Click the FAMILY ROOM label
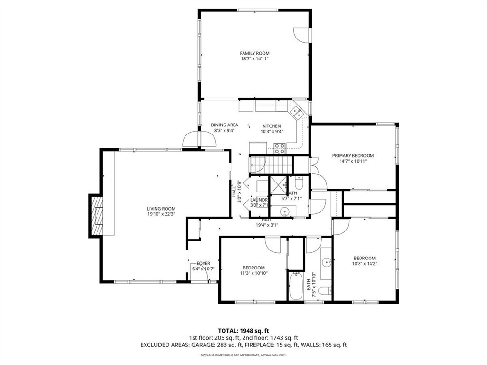pos(254,53)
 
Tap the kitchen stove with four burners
pos(280,148)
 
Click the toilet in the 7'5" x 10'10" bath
pos(325,290)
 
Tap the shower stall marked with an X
pos(278,185)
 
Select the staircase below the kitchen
pos(270,164)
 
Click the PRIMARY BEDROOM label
pos(353,155)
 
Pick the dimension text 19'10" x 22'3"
pos(161,214)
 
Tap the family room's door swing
pos(302,34)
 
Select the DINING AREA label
pos(224,125)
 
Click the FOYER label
pos(204,263)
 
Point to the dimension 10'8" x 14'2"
pos(364,264)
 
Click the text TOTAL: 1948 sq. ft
pos(243,331)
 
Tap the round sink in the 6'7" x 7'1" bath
pos(285,211)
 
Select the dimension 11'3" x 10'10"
pos(253,273)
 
